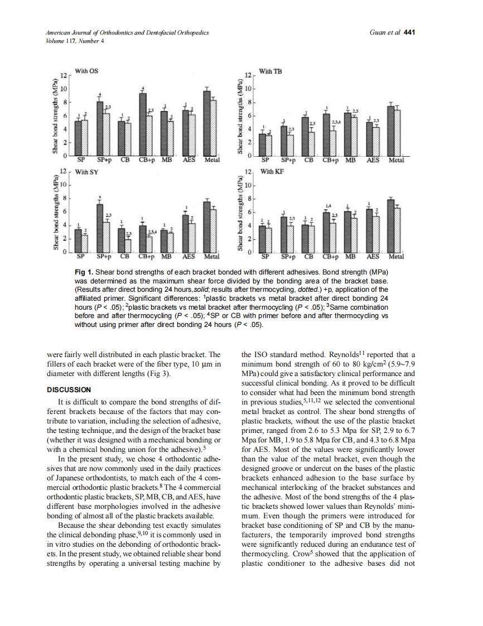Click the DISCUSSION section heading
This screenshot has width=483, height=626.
point(70,389)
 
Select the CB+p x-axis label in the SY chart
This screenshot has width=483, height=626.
point(145,257)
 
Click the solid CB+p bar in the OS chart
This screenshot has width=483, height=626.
point(143,124)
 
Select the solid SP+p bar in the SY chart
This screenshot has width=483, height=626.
point(100,228)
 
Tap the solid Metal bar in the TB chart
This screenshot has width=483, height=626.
point(391,130)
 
